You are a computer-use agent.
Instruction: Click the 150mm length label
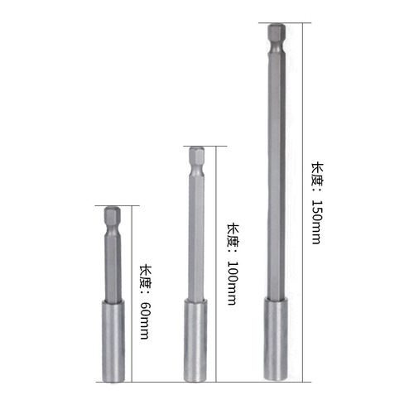point(315,202)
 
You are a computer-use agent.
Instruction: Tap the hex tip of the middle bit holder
point(196,158)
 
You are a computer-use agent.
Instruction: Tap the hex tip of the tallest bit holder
point(276,36)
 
